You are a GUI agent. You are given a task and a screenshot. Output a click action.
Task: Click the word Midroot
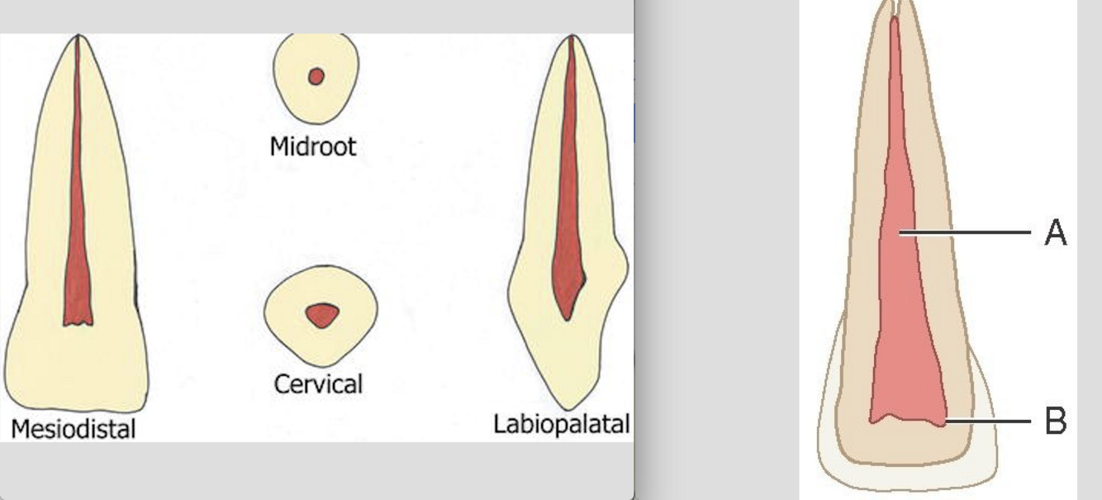313,147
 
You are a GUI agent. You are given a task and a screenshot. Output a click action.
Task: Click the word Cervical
318,384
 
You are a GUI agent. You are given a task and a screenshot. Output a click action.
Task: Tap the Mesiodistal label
73,428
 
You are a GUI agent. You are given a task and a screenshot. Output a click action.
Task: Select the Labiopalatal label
561,424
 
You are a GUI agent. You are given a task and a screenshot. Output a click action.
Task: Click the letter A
1055,234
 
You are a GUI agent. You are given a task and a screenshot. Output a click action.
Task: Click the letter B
1055,421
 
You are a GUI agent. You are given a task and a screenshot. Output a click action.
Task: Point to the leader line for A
967,234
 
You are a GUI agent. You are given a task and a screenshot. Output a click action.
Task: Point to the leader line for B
987,421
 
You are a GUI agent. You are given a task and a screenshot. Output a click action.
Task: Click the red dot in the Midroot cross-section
316,77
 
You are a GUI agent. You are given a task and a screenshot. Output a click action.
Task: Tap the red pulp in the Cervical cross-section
321,315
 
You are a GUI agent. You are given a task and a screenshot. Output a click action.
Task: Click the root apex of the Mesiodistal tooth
77,36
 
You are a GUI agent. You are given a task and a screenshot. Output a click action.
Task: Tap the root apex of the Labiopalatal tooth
572,37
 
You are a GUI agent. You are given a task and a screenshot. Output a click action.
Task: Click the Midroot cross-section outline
281,79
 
